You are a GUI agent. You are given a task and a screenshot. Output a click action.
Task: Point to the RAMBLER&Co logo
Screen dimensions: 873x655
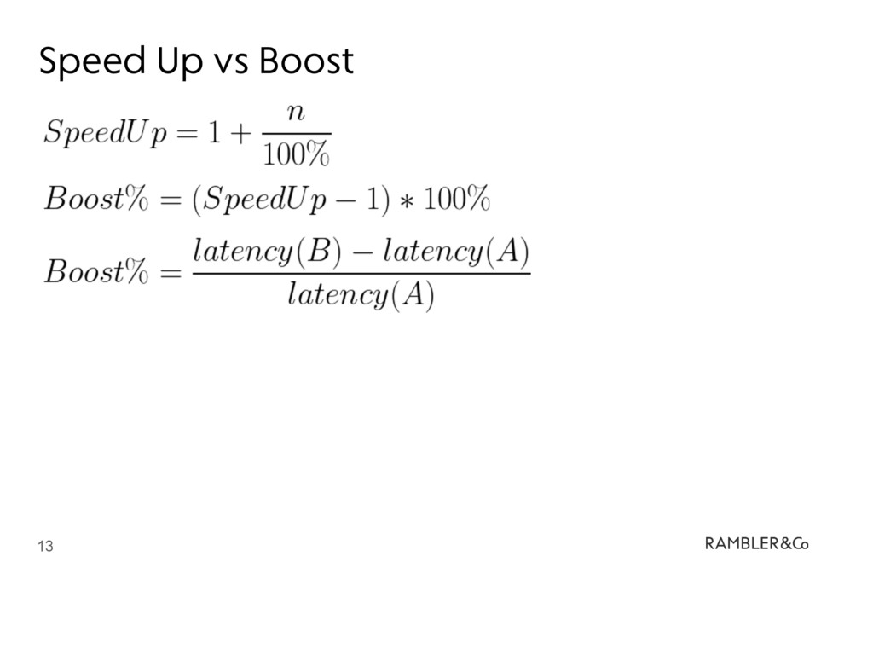tap(756, 542)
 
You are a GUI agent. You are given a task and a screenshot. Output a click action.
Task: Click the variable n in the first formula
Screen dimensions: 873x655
tap(295, 111)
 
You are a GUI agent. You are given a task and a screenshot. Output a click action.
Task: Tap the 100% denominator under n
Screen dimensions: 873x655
tap(296, 155)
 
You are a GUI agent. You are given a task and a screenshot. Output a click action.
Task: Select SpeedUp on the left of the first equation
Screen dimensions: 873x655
tap(106, 133)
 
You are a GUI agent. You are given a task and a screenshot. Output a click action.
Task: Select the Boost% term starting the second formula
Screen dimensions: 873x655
tap(95, 200)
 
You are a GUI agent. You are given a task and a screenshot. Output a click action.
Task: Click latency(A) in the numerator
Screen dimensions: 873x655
tap(456, 252)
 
